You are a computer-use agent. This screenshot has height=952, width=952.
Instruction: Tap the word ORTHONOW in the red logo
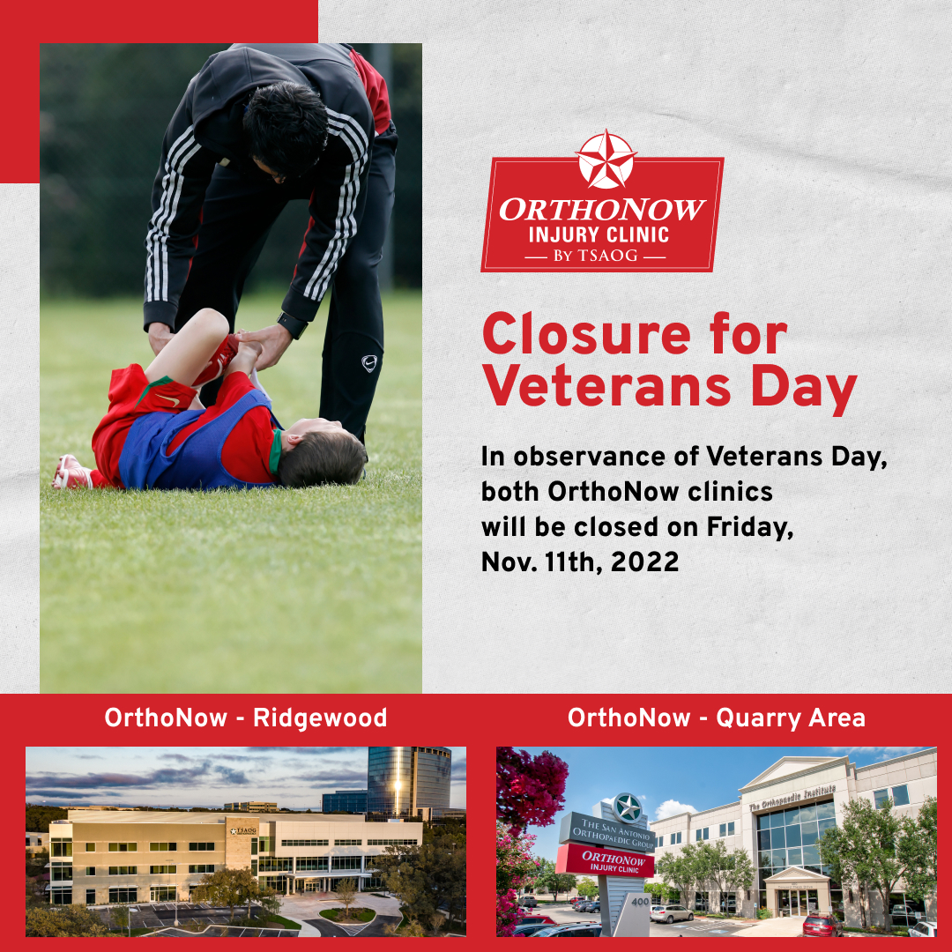point(602,210)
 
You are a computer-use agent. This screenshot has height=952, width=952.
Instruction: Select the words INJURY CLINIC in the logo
point(599,235)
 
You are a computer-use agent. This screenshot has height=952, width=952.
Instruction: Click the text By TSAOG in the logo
point(596,257)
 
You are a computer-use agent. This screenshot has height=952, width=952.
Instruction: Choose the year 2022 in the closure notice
point(644,562)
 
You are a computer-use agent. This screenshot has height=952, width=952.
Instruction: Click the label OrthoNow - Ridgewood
point(245,718)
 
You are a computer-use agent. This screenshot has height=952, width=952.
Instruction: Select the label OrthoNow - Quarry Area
point(717,718)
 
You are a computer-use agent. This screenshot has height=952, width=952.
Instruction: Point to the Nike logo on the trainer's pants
point(369,363)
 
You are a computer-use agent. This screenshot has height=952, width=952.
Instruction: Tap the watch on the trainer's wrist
point(293,324)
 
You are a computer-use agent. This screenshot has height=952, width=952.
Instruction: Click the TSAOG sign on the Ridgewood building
point(243,830)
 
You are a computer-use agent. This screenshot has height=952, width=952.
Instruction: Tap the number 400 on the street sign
point(640,902)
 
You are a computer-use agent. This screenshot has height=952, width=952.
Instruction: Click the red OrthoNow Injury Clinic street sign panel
point(606,861)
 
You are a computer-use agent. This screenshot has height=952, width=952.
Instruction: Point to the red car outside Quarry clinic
point(822,926)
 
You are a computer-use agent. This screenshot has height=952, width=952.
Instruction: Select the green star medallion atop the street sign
point(628,808)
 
